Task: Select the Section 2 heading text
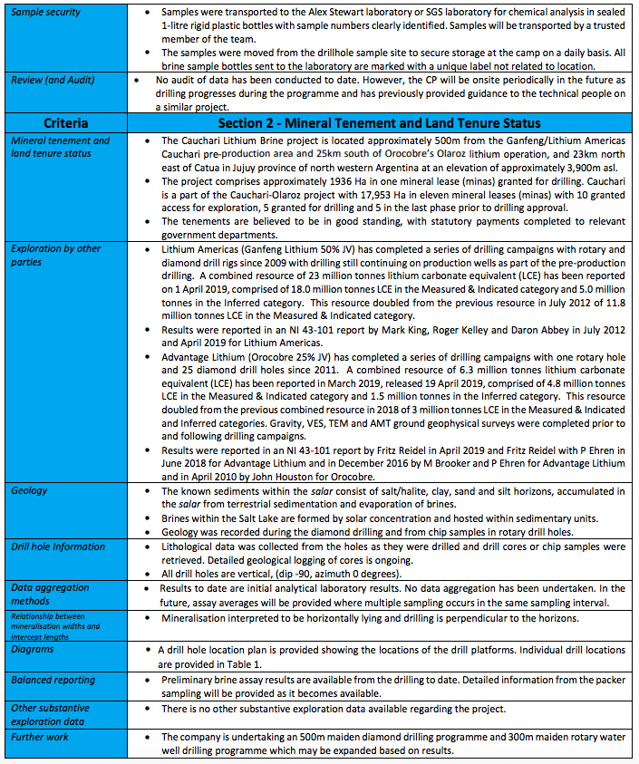point(379,122)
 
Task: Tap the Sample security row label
point(46,13)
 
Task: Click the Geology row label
point(30,490)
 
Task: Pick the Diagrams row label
point(34,649)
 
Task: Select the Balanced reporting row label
point(53,679)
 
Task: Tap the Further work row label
point(42,737)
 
